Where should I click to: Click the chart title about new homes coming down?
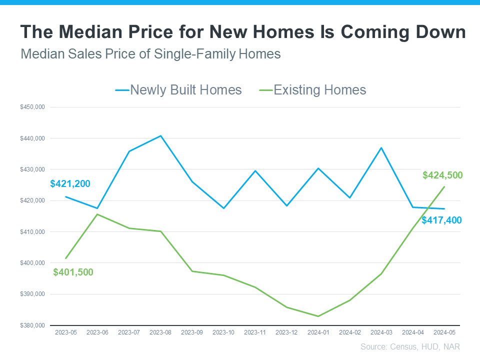coord(243,32)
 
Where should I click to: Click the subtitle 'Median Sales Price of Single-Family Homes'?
coord(150,54)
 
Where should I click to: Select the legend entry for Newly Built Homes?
coord(178,90)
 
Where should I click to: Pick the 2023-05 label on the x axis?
coord(66,332)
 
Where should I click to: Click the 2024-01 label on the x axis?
coord(317,332)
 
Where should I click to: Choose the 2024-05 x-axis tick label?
coord(443,332)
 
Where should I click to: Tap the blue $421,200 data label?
coord(70,184)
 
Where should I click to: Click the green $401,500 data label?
coord(73,272)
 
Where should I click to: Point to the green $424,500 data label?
coord(442,175)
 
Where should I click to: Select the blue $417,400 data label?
coord(441,220)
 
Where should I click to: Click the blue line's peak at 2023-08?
coord(160,135)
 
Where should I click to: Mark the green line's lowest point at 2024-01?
coord(317,316)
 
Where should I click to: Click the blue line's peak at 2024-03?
coord(381,147)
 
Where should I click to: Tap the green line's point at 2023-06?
coord(97,214)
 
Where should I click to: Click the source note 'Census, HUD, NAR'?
coord(410,346)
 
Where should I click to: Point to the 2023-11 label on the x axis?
coord(255,332)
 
